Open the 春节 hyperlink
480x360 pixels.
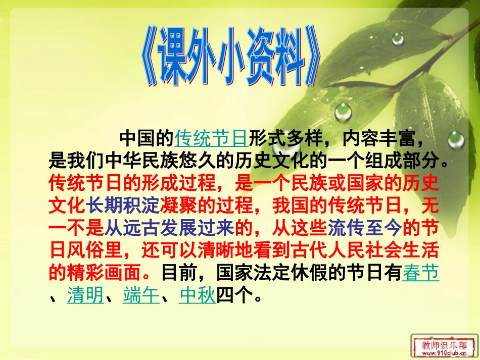pos(421,274)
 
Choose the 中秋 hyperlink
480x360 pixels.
pos(198,295)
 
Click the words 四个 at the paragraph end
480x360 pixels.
pos(234,295)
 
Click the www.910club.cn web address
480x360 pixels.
pos(444,354)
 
